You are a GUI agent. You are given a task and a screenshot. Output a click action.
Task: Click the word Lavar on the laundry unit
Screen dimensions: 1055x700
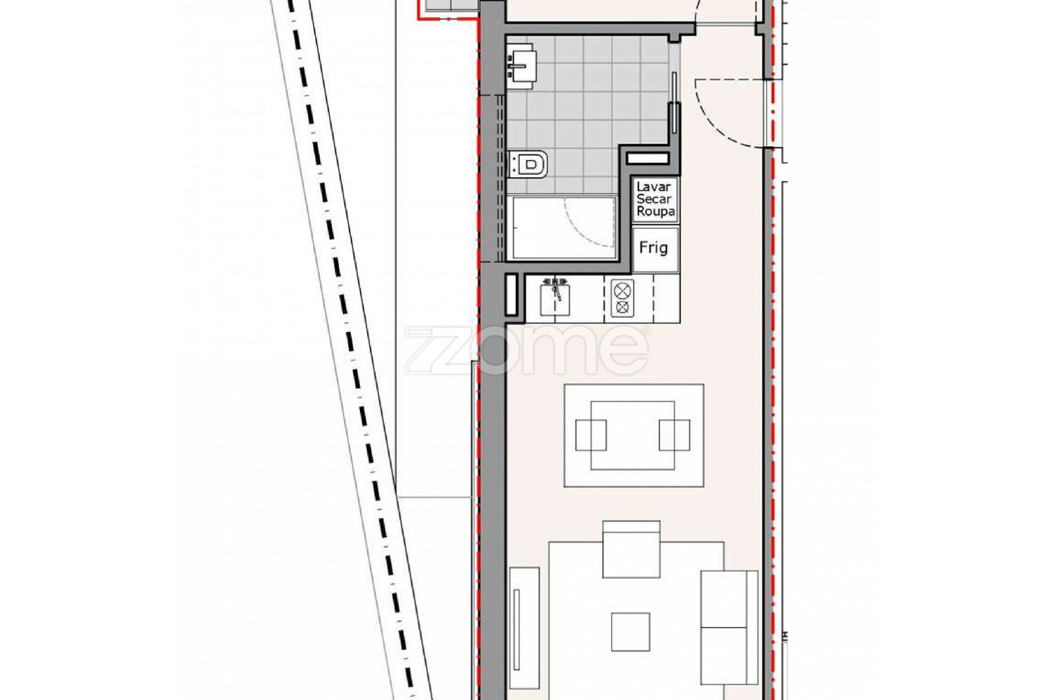click(653, 187)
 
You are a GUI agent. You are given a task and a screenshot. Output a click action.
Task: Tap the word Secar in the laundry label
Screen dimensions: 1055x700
click(653, 198)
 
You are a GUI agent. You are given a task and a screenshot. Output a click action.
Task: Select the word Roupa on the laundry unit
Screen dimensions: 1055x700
click(655, 212)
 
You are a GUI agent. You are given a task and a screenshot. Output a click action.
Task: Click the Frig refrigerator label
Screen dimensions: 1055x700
click(653, 248)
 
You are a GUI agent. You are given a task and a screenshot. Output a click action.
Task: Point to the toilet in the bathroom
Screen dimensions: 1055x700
click(528, 164)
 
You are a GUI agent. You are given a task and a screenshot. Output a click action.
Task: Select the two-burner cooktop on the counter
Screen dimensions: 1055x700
click(622, 299)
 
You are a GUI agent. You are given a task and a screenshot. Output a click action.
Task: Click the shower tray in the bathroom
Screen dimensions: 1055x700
click(564, 228)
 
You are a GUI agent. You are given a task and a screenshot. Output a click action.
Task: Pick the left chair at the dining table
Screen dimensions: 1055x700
click(591, 435)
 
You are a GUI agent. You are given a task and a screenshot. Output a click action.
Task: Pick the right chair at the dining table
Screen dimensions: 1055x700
click(675, 435)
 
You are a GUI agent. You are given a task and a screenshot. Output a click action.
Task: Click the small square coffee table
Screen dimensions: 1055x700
click(630, 631)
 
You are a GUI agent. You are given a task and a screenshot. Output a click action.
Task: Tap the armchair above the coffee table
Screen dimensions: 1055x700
click(631, 549)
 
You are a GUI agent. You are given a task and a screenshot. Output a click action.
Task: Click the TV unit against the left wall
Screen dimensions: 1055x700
click(524, 628)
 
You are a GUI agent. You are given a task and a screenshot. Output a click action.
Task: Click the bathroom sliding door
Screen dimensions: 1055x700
click(675, 102)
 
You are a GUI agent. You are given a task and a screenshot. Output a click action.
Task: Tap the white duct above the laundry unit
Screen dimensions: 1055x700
click(648, 158)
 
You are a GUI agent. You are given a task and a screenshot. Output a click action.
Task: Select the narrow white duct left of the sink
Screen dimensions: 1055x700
click(512, 295)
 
